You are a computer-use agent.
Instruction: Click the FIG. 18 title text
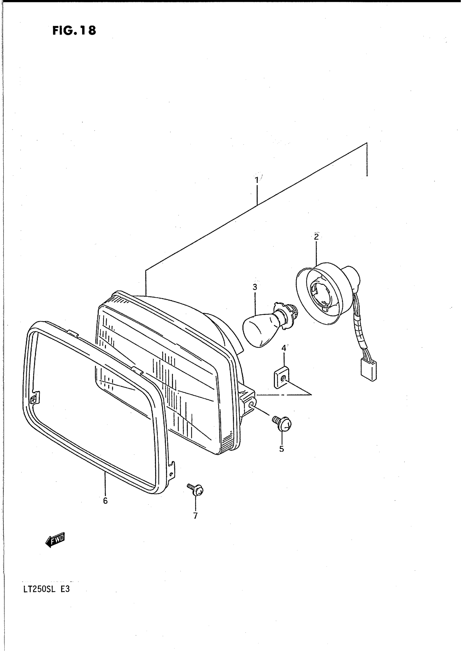[74, 30]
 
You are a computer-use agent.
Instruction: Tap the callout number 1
[256, 180]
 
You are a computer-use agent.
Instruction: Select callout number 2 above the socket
[316, 237]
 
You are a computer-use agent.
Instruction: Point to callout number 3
[255, 287]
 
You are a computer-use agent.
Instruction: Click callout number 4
[284, 348]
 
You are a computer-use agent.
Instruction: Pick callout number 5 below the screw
[281, 449]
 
